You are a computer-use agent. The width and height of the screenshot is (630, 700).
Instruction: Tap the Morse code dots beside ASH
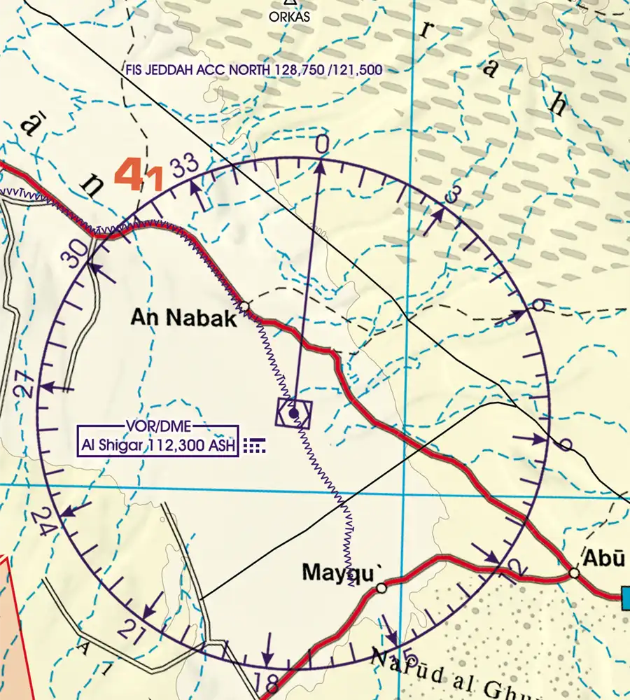[255, 444]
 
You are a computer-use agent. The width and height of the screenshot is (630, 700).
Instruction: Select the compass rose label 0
[321, 145]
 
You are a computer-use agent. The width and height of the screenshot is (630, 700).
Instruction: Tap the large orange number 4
[130, 175]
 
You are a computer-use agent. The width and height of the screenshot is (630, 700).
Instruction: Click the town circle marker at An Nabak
[244, 307]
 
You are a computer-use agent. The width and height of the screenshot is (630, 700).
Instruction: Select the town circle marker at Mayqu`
[381, 589]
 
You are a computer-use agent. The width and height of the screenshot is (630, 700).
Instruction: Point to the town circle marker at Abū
[574, 573]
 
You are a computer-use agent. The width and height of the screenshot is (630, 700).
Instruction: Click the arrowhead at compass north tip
[321, 165]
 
